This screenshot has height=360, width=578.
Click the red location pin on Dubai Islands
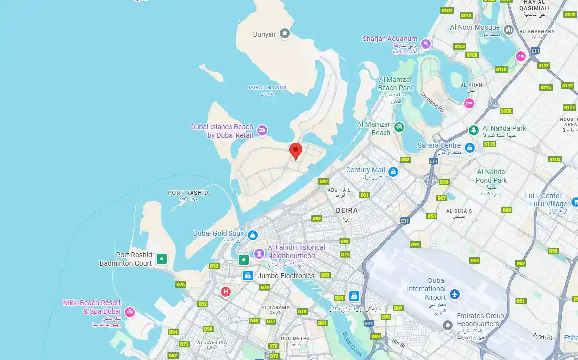point(295,150)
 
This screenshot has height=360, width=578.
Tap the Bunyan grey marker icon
point(284,34)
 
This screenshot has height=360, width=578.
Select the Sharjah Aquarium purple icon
point(425,44)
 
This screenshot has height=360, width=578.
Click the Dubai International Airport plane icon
point(454,295)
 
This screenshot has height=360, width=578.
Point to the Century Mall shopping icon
point(393,172)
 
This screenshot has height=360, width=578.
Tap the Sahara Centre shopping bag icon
point(469,147)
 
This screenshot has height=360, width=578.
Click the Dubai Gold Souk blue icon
point(253,235)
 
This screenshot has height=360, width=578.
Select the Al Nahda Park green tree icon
point(473,130)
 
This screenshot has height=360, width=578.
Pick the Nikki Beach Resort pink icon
point(129,312)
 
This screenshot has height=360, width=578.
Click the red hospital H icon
point(226,292)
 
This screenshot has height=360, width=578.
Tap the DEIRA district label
point(347,210)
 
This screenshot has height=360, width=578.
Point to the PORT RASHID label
point(188,193)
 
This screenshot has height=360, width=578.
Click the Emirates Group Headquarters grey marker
point(447,325)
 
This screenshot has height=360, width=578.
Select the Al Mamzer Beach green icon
point(399,128)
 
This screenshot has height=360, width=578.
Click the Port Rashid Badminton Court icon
point(161,258)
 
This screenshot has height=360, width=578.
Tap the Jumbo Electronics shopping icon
point(247,276)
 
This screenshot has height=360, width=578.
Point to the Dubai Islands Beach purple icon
point(262,130)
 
